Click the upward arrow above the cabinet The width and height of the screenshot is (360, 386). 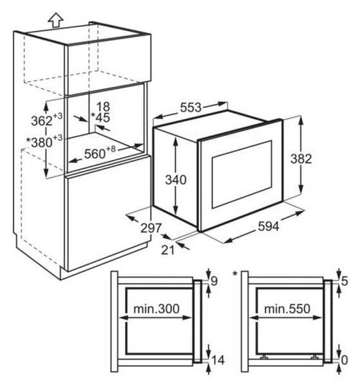pyautogui.click(x=55, y=20)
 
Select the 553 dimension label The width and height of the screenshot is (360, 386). pyautogui.click(x=191, y=107)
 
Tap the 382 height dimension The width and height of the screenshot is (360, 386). pyautogui.click(x=301, y=158)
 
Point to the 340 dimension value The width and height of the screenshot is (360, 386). pyautogui.click(x=176, y=179)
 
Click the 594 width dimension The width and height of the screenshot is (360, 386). pyautogui.click(x=269, y=226)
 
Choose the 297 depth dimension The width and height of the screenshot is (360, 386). pyautogui.click(x=151, y=228)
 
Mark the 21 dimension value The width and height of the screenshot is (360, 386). pyautogui.click(x=168, y=250)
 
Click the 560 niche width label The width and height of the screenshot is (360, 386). pyautogui.click(x=100, y=152)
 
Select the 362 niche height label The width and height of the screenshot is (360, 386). pyautogui.click(x=47, y=120)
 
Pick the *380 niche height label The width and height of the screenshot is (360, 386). pyautogui.click(x=44, y=141)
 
